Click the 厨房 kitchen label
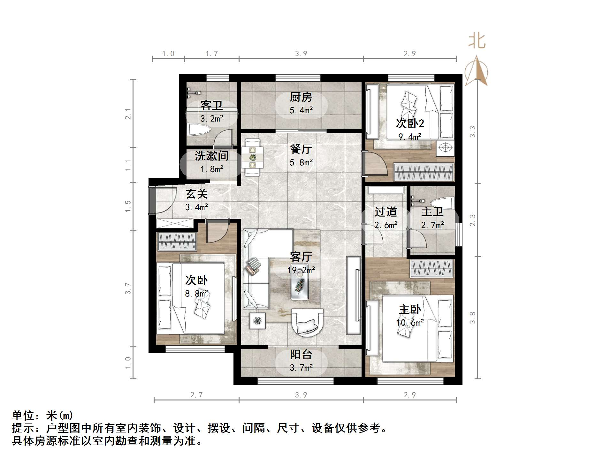301,97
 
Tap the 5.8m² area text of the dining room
301,162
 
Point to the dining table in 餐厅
252,157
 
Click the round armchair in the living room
307,321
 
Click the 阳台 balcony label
301,354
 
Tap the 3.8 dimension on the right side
472,318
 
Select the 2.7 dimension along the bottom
196,395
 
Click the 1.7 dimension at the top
212,53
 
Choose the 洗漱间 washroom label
211,156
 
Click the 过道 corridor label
386,212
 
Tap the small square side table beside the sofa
257,320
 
